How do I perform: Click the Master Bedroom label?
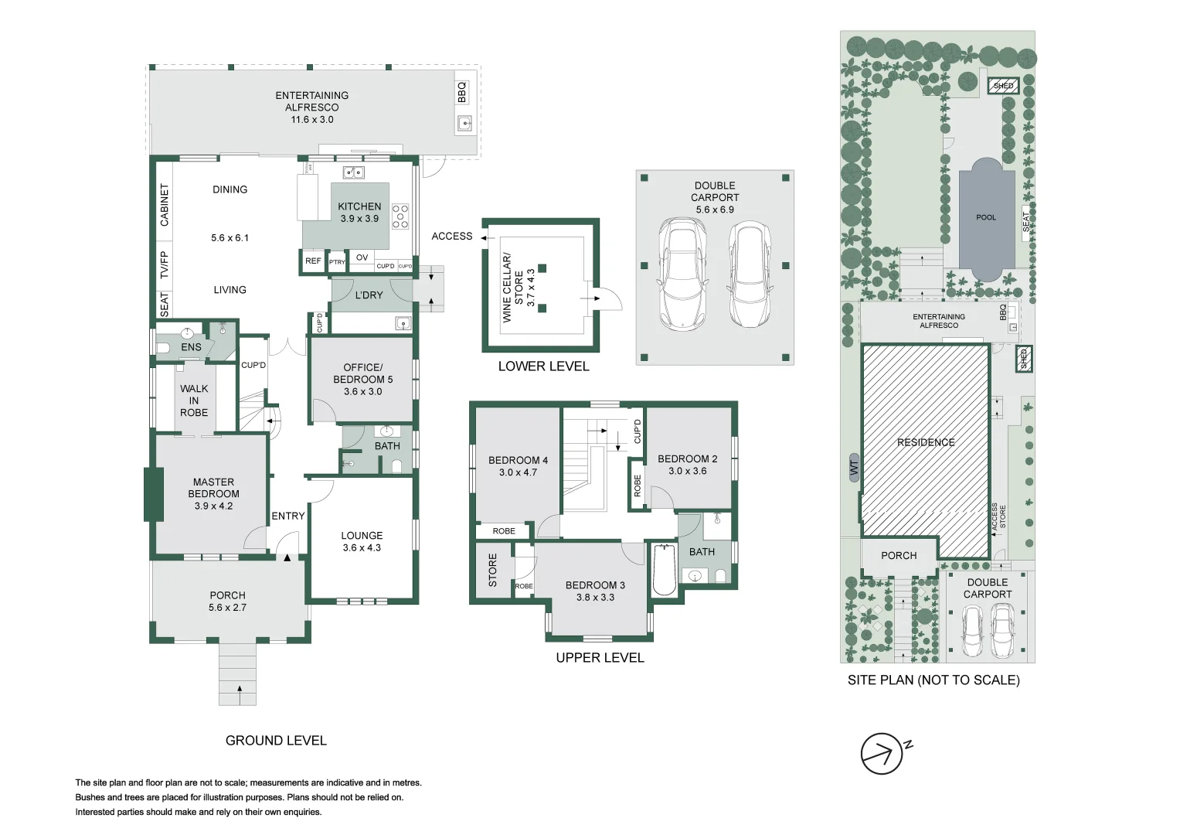click(213, 493)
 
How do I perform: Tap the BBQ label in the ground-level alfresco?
click(462, 92)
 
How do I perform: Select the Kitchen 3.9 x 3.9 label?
click(359, 212)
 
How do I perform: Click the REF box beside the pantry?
click(313, 261)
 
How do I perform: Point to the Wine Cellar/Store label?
click(519, 287)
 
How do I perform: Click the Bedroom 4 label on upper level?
click(518, 465)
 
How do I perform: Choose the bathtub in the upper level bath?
click(664, 571)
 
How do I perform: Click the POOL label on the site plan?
click(986, 217)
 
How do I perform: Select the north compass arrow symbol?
click(882, 753)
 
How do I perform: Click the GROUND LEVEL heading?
click(276, 741)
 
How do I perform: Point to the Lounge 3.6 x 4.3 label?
click(362, 541)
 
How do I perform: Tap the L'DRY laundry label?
click(369, 295)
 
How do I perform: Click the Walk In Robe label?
click(194, 400)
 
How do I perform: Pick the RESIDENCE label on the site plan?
click(926, 442)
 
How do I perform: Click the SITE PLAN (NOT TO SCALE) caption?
click(933, 680)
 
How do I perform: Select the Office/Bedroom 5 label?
click(362, 379)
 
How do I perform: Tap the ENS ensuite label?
click(191, 347)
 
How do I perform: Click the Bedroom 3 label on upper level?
click(595, 591)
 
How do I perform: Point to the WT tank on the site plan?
click(854, 467)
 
